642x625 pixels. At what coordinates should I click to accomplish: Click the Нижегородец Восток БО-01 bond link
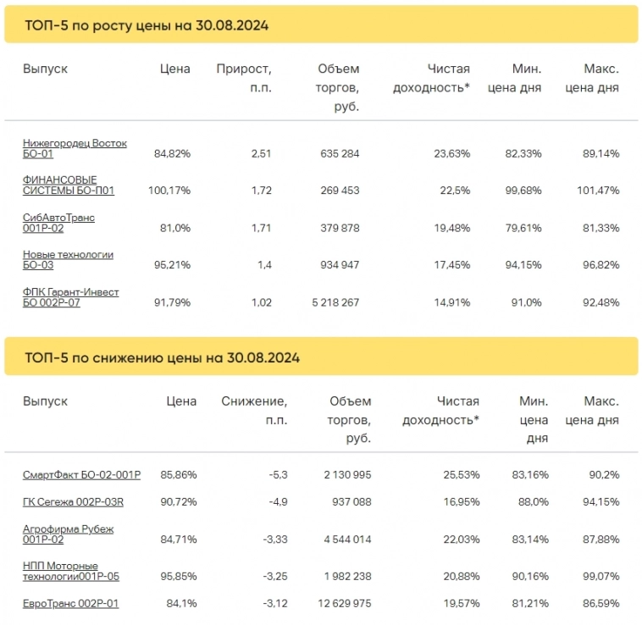tap(75, 148)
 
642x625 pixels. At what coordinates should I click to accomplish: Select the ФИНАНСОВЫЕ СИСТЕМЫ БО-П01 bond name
tap(68, 185)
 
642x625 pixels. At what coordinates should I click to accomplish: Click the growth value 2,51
tap(261, 154)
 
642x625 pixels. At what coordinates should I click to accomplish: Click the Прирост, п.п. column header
tap(244, 78)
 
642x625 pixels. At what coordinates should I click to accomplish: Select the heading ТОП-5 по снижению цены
tap(162, 357)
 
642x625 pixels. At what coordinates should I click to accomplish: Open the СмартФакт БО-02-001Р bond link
tap(81, 475)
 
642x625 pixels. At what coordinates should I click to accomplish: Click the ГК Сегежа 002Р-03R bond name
tap(73, 502)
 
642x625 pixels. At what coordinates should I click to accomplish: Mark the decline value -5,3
tap(276, 475)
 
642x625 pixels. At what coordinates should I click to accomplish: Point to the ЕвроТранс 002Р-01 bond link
tap(70, 603)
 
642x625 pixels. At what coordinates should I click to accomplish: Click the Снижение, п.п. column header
tap(254, 411)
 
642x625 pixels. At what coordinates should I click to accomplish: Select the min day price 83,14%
tap(529, 539)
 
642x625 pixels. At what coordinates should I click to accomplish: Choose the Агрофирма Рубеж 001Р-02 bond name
tap(68, 534)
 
